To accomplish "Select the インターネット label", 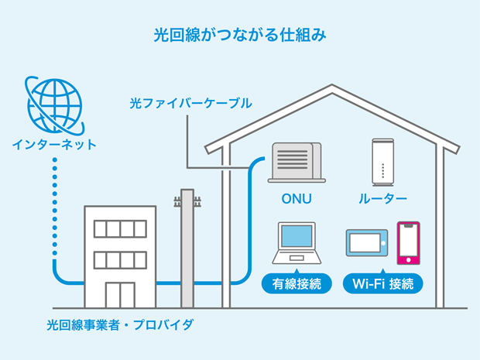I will coord(53,144).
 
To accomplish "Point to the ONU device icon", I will coord(297,163).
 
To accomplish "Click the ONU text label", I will coord(297,199).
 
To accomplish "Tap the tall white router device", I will coord(382,162).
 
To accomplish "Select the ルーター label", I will coord(382,199).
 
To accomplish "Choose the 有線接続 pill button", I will coord(297,283).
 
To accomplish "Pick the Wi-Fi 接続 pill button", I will coord(382,283).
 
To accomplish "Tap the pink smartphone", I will coord(408,242).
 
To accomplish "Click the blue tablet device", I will coord(368,243).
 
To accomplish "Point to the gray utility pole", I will coord(187,255).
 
